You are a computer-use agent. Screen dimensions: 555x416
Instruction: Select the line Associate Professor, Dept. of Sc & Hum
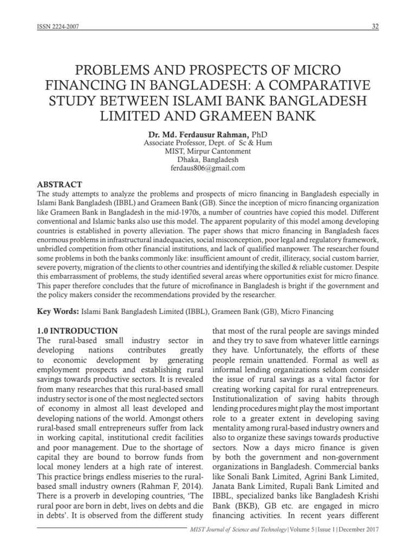coord(207,143)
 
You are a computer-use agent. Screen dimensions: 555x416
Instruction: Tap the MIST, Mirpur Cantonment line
coord(207,151)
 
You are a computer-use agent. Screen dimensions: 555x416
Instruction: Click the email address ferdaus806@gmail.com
coord(207,169)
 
